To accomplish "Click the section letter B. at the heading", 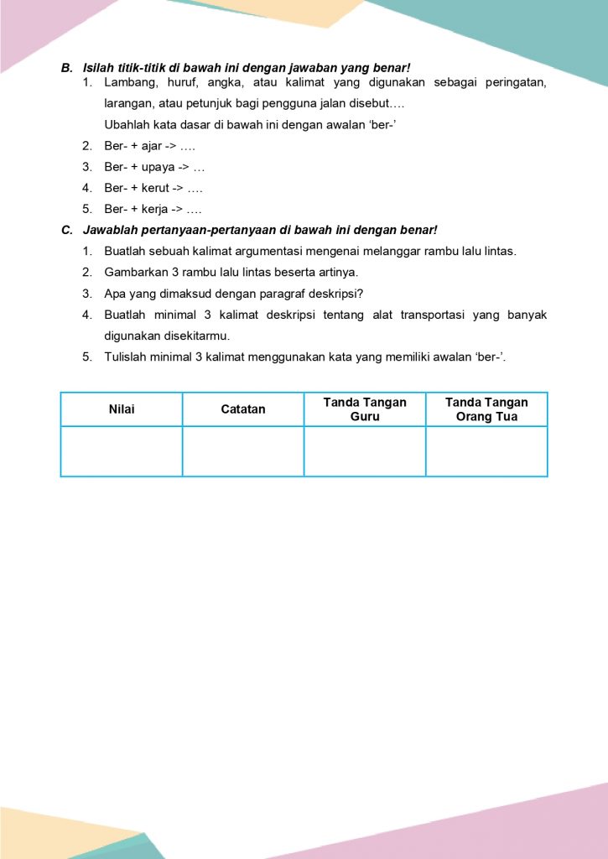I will click(x=67, y=68).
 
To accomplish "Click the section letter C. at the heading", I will click(x=67, y=230).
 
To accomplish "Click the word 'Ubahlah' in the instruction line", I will click(x=126, y=125).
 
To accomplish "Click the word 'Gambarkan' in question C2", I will click(x=132, y=272).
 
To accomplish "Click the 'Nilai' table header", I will click(x=122, y=409).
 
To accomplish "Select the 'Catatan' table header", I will click(x=243, y=409).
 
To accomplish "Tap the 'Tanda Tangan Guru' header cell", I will click(x=365, y=409).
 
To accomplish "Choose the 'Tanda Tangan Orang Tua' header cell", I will click(x=486, y=409).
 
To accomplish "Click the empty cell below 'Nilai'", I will click(x=122, y=451).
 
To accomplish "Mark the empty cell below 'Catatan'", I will click(x=243, y=451).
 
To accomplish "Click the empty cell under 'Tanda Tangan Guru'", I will click(x=365, y=451).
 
